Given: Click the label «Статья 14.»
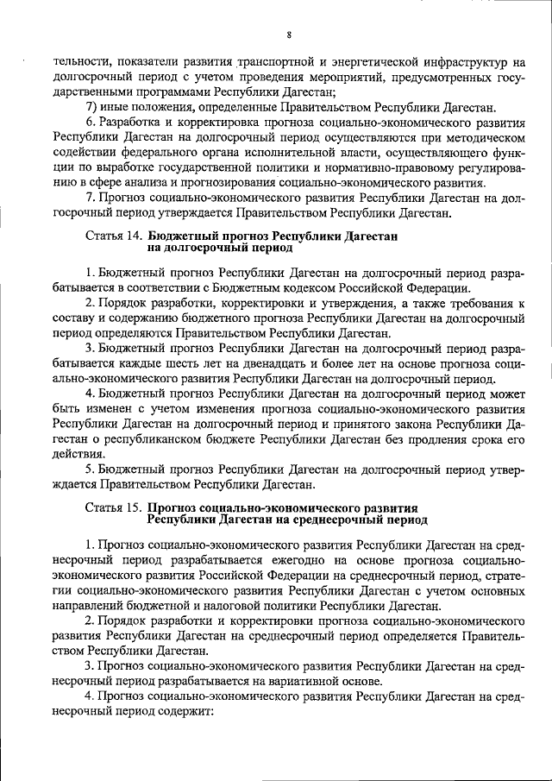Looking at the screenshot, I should [115, 235].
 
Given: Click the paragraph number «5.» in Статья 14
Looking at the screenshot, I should [90, 469].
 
